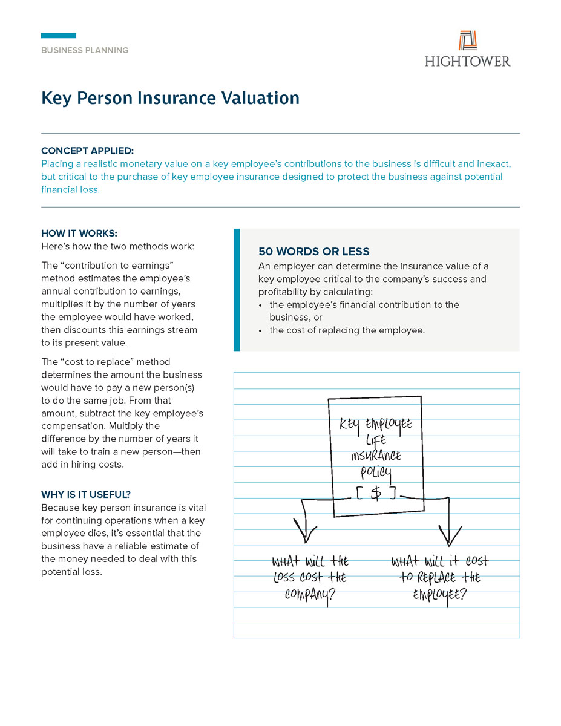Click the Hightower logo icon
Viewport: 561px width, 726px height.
[x=467, y=40]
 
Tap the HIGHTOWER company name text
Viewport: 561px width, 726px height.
[x=467, y=61]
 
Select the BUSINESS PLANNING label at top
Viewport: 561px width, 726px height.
[x=85, y=50]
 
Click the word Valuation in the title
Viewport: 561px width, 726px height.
[x=261, y=98]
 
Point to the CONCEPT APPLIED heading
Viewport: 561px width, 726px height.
[x=88, y=151]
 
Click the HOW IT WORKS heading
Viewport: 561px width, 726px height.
[x=79, y=234]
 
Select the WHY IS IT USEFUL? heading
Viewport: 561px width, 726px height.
[x=86, y=494]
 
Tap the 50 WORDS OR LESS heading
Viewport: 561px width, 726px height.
[x=314, y=252]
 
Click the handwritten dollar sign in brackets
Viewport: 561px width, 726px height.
[x=376, y=493]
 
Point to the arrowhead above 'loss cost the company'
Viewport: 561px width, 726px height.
[x=305, y=534]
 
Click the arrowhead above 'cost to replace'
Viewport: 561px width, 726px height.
[x=449, y=535]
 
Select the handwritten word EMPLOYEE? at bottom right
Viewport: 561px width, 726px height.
[x=439, y=595]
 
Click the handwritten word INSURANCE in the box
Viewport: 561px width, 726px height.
[x=376, y=456]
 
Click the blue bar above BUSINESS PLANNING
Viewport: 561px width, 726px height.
[x=59, y=36]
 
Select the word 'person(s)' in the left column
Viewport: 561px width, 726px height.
[x=182, y=388]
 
